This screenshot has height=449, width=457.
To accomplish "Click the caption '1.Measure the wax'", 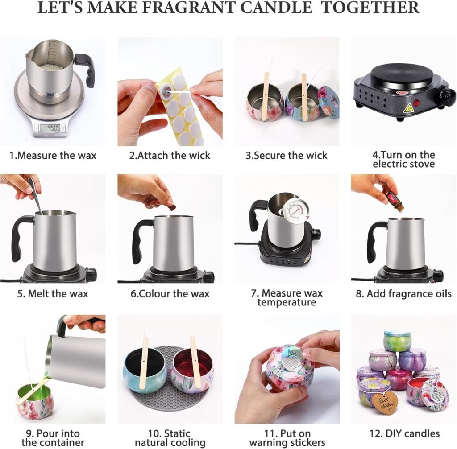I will tap(53, 156).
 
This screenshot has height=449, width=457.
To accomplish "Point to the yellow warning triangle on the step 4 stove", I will tap(408, 108).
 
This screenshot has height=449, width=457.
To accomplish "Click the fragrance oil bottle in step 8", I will tap(396, 200).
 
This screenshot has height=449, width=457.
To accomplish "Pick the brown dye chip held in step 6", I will tap(172, 208).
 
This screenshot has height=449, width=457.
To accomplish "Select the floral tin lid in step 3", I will tap(329, 102).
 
